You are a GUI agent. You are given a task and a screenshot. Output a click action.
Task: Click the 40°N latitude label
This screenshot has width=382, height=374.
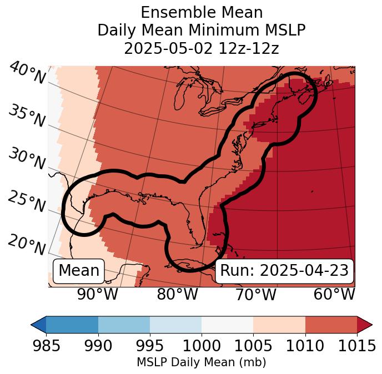[27, 73]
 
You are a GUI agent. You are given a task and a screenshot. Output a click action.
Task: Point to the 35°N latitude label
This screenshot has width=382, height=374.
[26, 115]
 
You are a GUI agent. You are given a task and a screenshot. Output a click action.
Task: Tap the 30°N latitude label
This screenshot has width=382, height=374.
[26, 159]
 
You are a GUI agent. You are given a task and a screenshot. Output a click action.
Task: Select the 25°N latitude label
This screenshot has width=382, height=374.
[26, 201]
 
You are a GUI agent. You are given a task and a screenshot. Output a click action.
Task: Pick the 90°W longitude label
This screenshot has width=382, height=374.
[97, 295]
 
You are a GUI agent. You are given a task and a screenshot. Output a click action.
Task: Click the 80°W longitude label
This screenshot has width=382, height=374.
[178, 295]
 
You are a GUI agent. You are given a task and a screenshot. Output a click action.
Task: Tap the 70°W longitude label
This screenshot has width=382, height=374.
[256, 295]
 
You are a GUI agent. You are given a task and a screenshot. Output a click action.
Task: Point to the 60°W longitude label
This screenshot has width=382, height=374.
[334, 295]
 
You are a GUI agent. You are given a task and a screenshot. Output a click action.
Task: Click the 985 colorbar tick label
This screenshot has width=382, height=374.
[46, 346]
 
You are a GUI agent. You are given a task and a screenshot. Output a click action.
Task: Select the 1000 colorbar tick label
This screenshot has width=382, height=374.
[202, 346]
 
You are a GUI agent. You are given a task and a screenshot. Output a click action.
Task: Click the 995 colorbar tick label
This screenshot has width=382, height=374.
[150, 346]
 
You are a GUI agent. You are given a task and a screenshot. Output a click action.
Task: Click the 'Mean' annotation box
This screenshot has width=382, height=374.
[79, 271]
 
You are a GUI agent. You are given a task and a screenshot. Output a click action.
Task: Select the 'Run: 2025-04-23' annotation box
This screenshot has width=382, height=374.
[284, 271]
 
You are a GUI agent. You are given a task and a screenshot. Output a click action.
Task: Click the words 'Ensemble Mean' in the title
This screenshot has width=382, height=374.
[201, 13]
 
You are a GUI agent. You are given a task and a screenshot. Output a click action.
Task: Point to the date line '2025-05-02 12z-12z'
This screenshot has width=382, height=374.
[201, 48]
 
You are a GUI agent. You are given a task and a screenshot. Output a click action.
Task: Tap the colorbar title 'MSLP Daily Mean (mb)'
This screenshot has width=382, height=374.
[201, 363]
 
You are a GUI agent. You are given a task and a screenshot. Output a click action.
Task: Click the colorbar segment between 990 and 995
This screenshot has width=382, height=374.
[124, 324]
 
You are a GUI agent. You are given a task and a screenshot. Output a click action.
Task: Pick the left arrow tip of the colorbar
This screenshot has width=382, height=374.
[33, 324]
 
